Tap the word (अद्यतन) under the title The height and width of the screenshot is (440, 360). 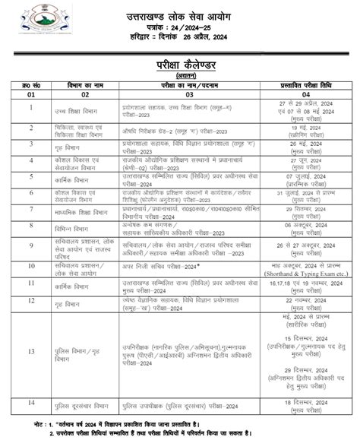point(181,74)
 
